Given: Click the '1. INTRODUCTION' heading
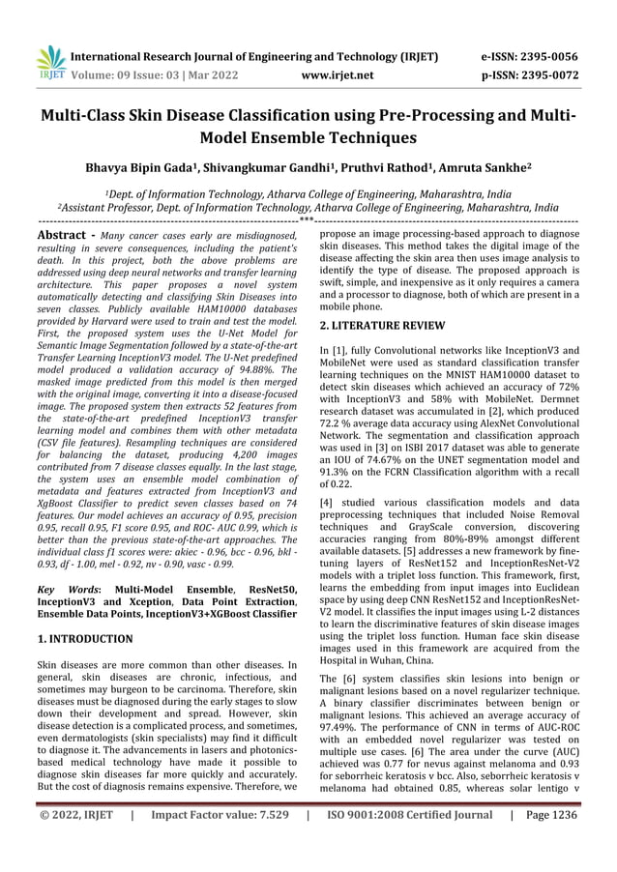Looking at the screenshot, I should [x=85, y=639].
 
